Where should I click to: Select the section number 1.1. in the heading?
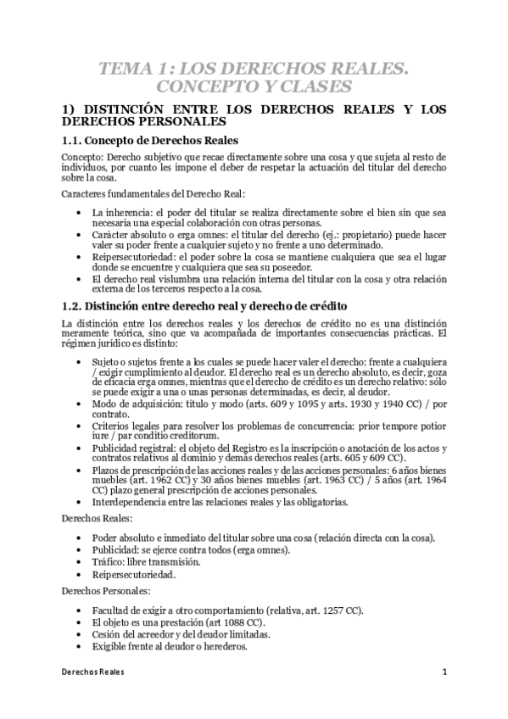click(77, 140)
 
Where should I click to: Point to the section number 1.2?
click(77, 305)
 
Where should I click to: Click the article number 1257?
click(327, 610)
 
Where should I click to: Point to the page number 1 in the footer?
click(444, 672)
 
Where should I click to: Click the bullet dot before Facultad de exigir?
click(80, 610)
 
